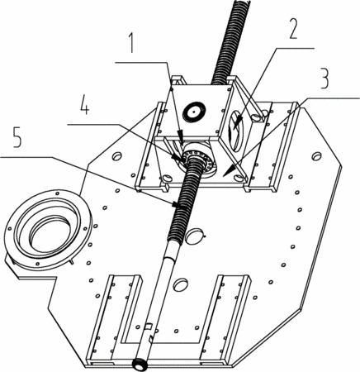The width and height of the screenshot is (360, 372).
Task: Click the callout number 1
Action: click(132, 43)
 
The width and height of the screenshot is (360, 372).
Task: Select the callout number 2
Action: click(292, 28)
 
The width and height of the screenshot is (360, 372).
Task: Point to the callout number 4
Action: click(84, 105)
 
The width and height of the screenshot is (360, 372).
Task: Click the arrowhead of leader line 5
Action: click(178, 204)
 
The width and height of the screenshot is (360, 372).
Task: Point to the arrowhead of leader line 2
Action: click(235, 124)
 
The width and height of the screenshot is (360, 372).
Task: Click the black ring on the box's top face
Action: click(194, 112)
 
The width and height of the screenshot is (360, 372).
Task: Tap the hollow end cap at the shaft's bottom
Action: click(140, 365)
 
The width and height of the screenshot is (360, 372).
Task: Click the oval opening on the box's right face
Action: click(235, 131)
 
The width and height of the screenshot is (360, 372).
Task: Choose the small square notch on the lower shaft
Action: click(148, 327)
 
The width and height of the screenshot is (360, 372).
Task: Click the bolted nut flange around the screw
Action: click(200, 160)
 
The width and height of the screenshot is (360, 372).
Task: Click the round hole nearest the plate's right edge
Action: click(317, 156)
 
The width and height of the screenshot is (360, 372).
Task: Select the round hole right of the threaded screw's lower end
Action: click(196, 236)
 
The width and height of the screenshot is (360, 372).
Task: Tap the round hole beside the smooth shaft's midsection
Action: click(180, 284)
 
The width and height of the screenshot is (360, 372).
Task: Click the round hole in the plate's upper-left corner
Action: click(117, 156)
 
